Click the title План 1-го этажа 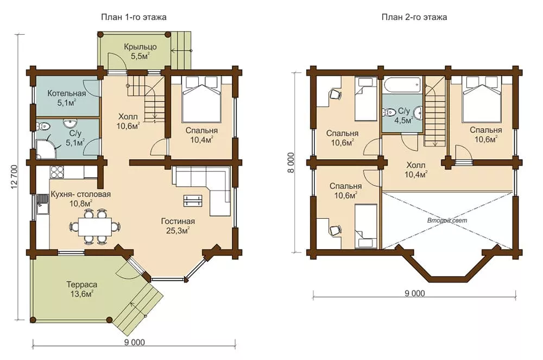(134, 17)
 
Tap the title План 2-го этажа (414, 17)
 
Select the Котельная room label (66, 93)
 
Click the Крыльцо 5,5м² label (140, 51)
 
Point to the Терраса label (82, 285)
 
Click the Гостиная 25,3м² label (178, 226)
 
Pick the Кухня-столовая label (81, 194)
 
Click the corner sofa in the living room (202, 190)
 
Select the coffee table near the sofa (192, 200)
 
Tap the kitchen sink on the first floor (42, 204)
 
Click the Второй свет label (447, 220)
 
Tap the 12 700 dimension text (14, 177)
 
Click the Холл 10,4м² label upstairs (416, 169)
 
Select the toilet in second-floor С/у (389, 112)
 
